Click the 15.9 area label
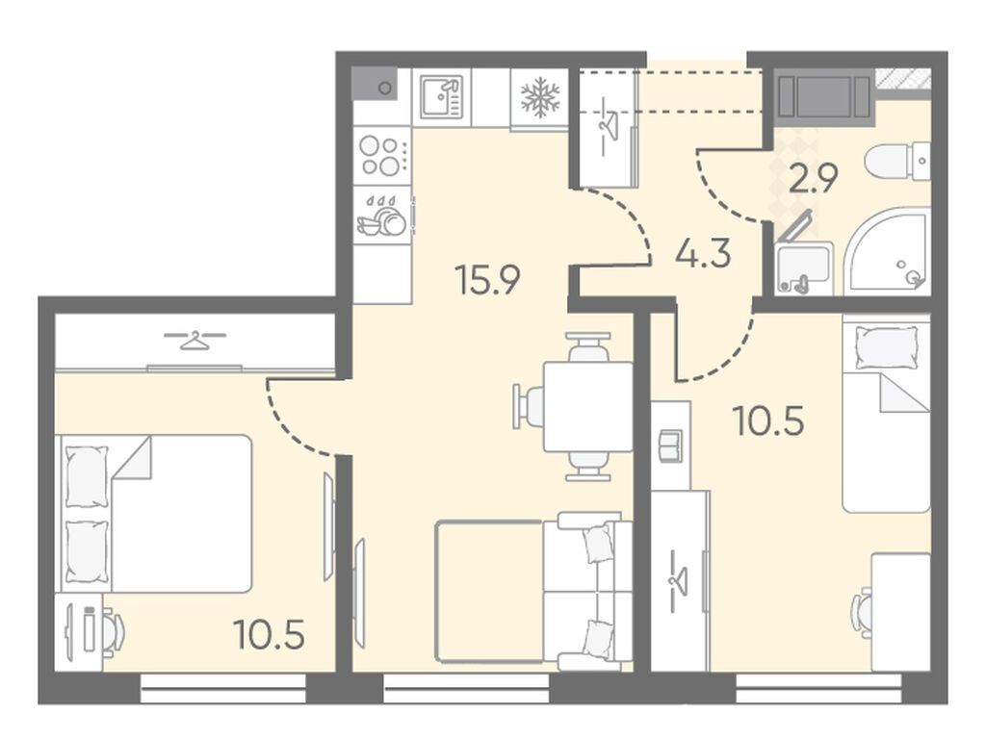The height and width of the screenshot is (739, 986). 488,280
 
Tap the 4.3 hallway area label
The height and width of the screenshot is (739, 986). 702,254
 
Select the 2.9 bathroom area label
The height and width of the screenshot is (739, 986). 813,179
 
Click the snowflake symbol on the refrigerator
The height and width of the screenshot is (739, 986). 539,97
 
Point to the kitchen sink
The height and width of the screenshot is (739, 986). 442,97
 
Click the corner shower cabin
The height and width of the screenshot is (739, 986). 887,251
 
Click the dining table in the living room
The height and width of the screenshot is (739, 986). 588,407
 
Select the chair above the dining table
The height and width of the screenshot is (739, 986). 588,346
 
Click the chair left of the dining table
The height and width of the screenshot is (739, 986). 529,407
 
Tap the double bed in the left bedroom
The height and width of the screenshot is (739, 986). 156,514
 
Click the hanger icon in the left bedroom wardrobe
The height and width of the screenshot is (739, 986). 195,340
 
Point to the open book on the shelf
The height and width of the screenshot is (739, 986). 671,446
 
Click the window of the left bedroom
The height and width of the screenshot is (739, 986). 222,688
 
